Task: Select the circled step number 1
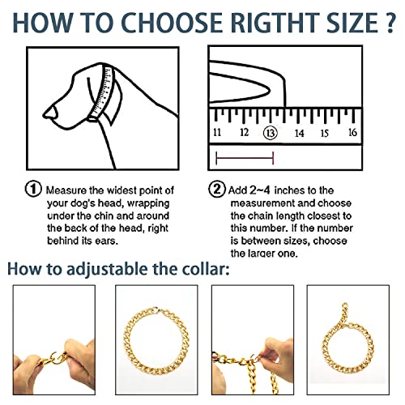coord(33,189)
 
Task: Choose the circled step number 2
coord(216,189)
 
